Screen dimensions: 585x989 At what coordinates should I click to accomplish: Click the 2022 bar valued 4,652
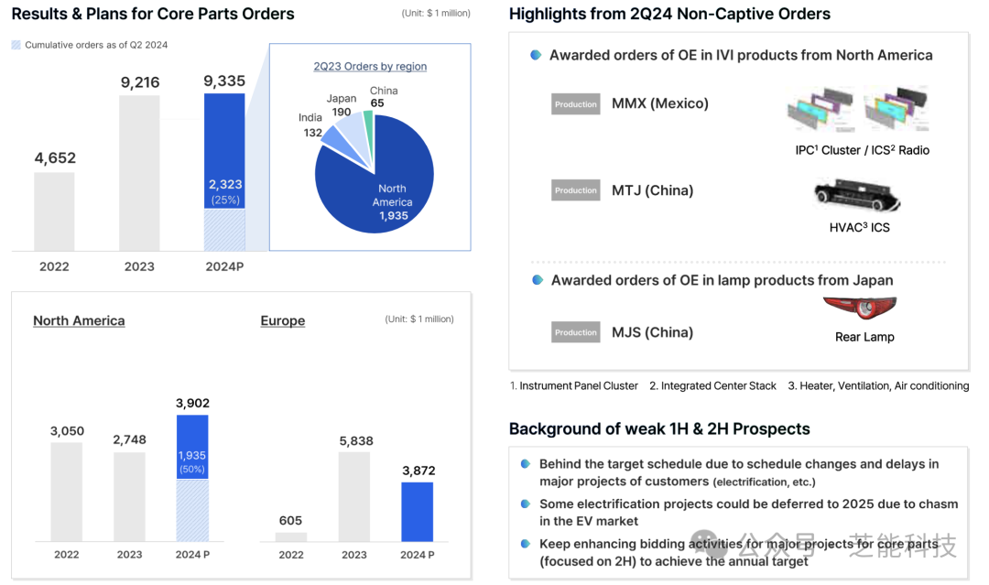54,211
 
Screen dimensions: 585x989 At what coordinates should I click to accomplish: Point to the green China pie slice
368,123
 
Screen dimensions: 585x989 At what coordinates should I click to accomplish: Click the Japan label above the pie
342,99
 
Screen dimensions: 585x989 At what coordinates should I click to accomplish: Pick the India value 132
313,133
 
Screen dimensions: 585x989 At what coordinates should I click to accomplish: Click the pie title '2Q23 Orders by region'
370,67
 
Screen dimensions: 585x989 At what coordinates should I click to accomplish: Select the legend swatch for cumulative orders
16,45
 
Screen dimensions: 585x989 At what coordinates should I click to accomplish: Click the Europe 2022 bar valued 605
291,536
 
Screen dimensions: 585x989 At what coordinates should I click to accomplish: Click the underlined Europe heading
282,320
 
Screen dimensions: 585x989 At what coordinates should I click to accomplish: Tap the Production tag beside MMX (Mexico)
575,104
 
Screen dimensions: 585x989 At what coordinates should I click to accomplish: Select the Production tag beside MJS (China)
575,332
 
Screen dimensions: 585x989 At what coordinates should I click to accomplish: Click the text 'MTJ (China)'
652,190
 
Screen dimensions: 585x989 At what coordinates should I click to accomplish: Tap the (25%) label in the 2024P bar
224,200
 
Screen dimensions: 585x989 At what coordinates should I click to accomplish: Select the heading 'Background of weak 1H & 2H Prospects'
659,428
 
